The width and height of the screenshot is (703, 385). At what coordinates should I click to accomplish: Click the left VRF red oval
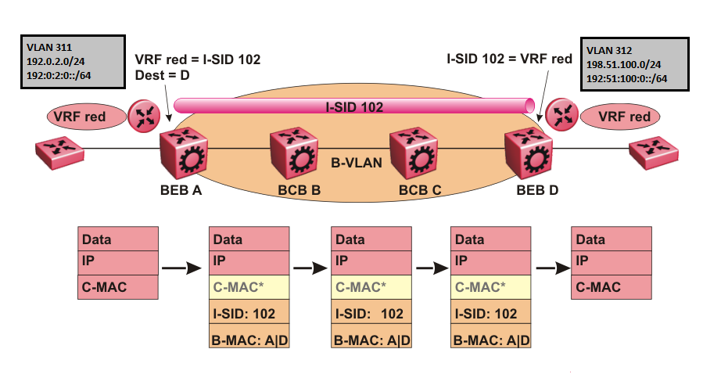tap(88, 117)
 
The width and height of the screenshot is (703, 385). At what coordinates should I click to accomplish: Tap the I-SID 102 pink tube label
tap(352, 106)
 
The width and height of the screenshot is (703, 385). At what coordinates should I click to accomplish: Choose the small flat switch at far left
tap(59, 150)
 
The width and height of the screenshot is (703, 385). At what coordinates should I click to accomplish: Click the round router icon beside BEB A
tap(144, 115)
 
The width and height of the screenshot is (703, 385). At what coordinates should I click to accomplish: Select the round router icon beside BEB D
tap(561, 115)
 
